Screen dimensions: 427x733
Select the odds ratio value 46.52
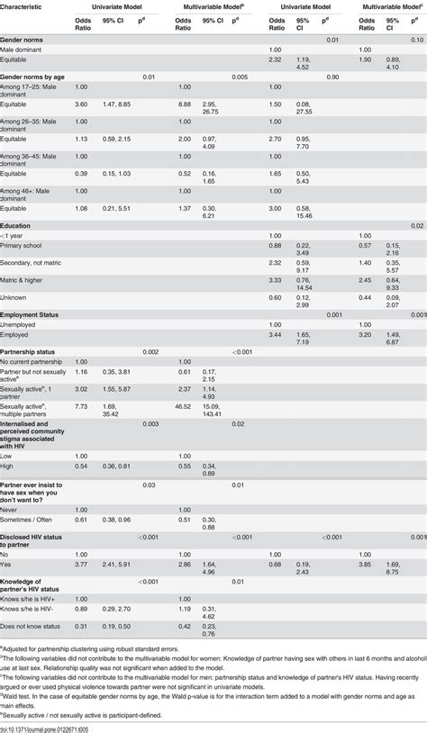click(185, 382)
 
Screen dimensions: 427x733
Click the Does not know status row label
click(33, 625)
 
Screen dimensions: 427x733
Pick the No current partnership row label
click(36, 359)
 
